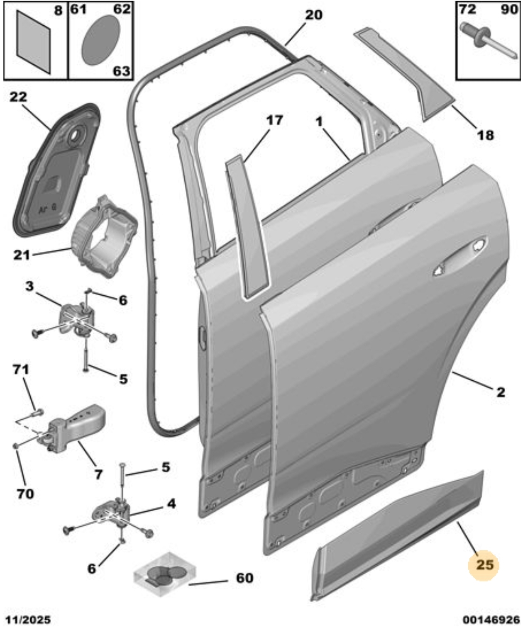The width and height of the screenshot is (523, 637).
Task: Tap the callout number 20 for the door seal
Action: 313,15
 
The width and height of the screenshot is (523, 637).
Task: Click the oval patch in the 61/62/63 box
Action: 101,40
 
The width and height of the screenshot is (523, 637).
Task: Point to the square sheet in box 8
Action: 33,42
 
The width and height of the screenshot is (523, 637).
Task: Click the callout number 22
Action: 18,97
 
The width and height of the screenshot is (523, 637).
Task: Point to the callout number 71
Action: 21,370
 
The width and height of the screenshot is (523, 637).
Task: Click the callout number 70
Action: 25,494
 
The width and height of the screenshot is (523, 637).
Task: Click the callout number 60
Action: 244,578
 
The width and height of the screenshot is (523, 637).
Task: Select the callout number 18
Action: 486,135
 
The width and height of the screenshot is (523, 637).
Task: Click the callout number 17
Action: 274,120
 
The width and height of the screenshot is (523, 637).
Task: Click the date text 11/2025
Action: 28,620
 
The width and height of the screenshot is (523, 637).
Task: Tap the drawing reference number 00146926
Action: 491,620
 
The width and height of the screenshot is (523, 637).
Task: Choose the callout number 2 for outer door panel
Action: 501,392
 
